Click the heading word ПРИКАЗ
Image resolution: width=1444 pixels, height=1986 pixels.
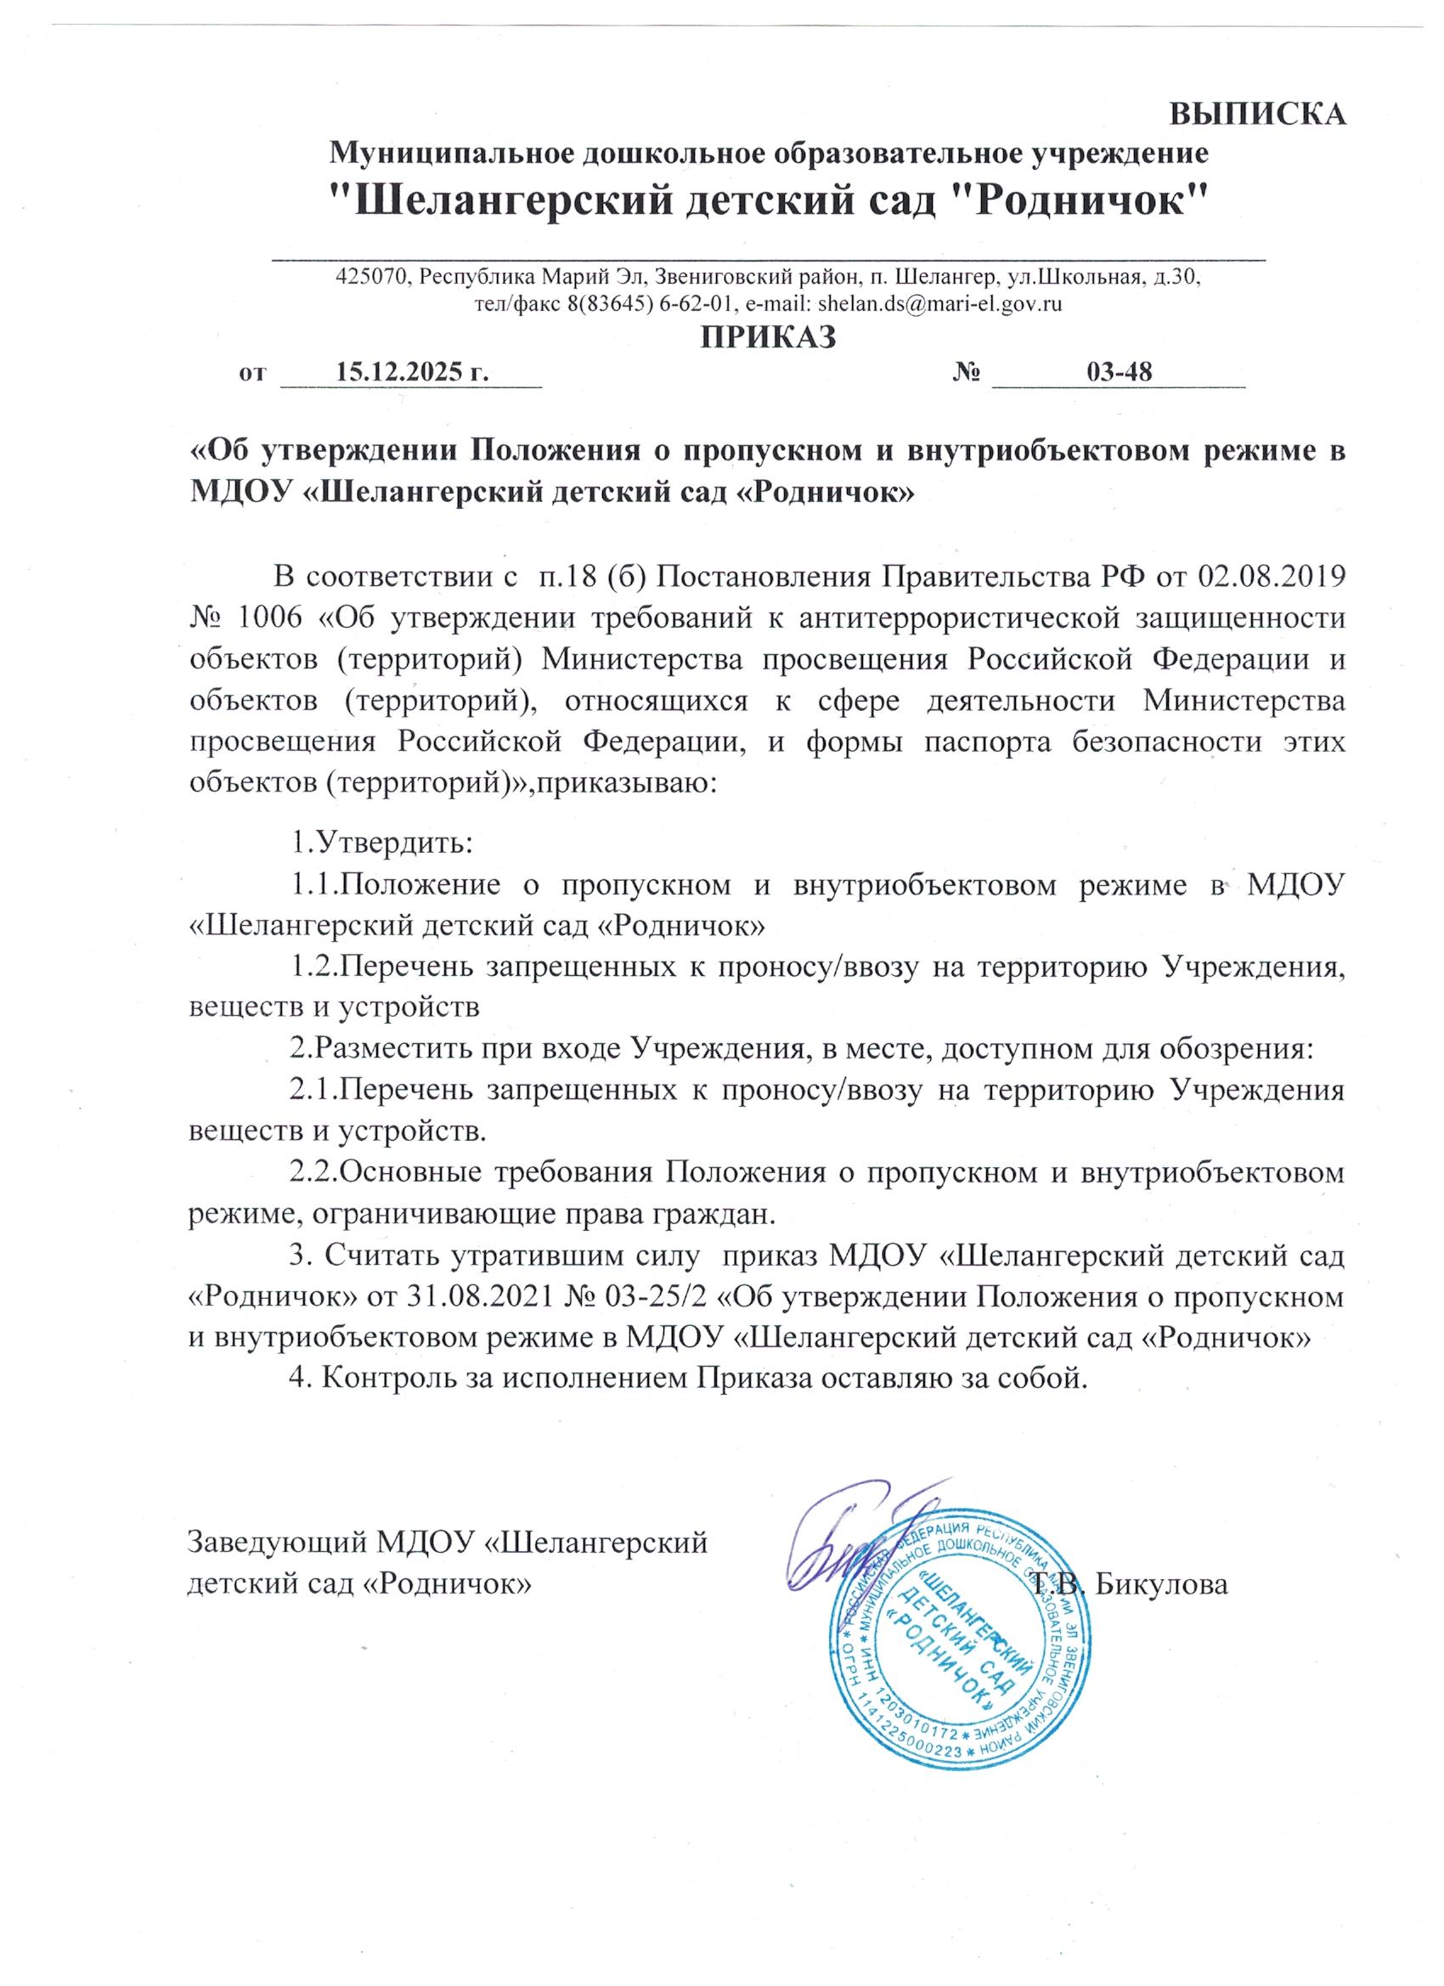(768, 336)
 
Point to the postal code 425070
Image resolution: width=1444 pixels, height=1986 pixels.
(372, 278)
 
